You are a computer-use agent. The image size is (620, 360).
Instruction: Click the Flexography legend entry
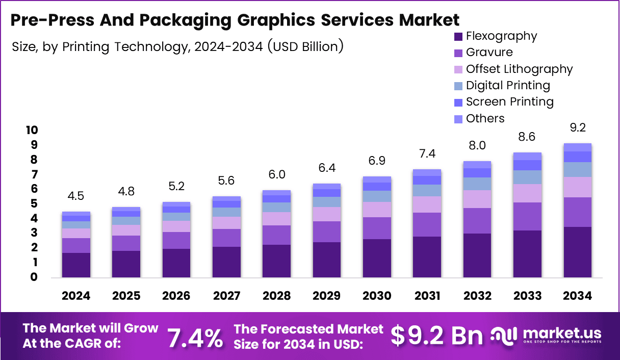[501, 36]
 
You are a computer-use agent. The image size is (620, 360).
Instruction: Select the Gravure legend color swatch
[458, 53]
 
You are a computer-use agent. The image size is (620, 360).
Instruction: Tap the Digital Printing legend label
[508, 85]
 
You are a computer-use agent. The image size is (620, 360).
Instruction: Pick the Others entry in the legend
[485, 118]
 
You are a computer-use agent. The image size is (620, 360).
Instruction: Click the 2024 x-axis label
[76, 296]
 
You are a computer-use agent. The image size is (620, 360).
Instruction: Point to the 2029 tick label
[326, 296]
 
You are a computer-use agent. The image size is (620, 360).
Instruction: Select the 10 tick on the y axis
[32, 131]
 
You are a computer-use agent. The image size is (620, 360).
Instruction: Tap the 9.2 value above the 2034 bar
[577, 127]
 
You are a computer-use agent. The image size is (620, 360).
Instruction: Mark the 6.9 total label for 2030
[376, 161]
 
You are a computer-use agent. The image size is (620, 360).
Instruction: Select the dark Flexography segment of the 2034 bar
[577, 252]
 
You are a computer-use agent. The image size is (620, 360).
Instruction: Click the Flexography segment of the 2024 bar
[76, 265]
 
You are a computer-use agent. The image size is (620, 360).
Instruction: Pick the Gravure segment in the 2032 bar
[477, 221]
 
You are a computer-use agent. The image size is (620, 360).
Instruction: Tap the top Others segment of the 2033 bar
[527, 156]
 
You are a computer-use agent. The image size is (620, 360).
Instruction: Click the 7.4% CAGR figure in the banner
[195, 338]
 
